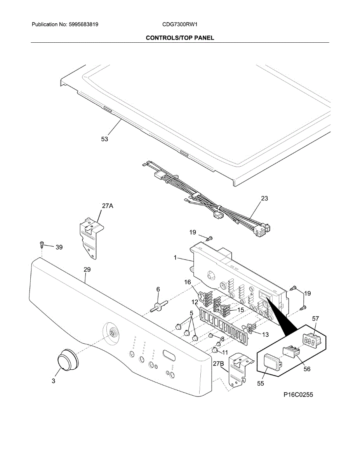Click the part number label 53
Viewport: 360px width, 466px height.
click(x=104, y=139)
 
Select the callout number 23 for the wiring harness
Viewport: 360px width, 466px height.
click(x=264, y=198)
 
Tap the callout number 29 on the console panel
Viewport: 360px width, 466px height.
click(x=87, y=269)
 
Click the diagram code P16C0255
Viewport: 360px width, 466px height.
click(x=298, y=395)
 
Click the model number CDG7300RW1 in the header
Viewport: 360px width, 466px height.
click(x=180, y=24)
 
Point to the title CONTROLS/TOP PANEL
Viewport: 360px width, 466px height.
click(x=180, y=38)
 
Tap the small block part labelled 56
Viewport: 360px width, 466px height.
click(x=292, y=351)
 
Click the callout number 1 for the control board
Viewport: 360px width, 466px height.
click(x=176, y=257)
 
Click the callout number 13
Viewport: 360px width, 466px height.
click(x=265, y=334)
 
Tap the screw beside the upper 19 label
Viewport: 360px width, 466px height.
click(x=210, y=238)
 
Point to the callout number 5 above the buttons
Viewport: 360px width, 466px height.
click(x=191, y=313)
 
